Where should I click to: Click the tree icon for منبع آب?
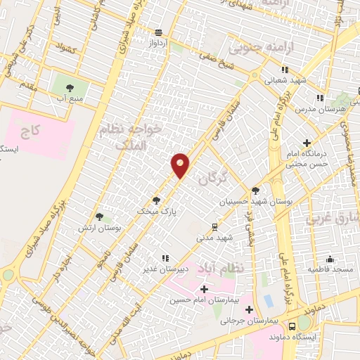[x=70, y=89]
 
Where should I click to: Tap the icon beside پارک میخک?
[x=157, y=200]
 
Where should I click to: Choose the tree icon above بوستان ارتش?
[x=98, y=217]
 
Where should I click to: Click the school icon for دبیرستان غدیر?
[x=166, y=258]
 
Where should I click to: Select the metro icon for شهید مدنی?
[x=215, y=226]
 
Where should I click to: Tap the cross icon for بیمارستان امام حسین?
[x=205, y=289]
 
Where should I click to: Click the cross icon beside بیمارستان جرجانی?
[x=250, y=309]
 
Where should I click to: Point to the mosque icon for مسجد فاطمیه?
[x=330, y=259]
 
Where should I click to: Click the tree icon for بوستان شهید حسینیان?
[x=255, y=190]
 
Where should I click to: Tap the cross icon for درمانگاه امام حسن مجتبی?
[x=307, y=143]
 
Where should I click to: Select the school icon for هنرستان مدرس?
[x=320, y=98]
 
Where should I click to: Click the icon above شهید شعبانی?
[x=285, y=70]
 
